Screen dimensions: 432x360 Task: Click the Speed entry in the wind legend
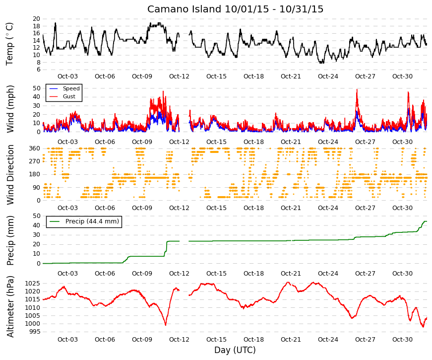point(71,88)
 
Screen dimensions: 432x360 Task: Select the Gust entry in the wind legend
point(69,96)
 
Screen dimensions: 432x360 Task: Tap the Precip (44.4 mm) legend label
point(92,221)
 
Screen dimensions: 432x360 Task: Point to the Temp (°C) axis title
point(9,44)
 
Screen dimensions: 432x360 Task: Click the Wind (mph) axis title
point(10,109)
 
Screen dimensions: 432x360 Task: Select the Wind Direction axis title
point(10,175)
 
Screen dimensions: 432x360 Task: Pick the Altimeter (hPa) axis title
point(10,306)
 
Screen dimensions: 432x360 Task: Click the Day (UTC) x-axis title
point(235,350)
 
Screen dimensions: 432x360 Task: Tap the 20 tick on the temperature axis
point(36,19)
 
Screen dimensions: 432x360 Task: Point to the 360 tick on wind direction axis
point(35,148)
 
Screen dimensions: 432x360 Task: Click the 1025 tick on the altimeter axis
point(33,284)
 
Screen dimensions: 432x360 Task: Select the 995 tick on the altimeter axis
point(34,332)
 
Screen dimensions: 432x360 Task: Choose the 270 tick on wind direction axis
point(35,161)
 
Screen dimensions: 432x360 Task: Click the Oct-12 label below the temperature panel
point(179,76)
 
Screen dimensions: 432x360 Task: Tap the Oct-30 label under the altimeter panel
point(402,340)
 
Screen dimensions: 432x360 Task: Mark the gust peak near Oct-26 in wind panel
point(357,89)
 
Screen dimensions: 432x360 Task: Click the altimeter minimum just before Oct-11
point(166,325)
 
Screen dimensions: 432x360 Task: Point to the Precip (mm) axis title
point(10,240)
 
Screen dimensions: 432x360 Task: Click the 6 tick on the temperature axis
point(38,70)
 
